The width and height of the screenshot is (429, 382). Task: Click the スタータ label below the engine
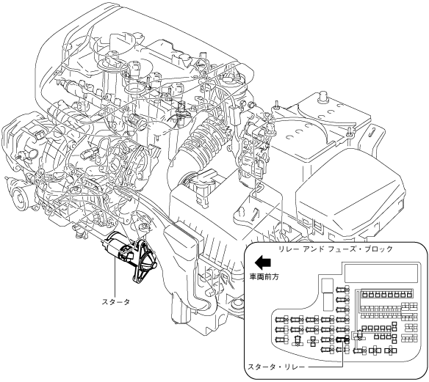[116, 302]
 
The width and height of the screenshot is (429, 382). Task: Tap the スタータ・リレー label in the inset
[276, 367]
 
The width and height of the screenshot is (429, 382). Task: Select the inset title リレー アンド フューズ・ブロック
[336, 249]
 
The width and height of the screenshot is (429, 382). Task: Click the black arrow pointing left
[263, 262]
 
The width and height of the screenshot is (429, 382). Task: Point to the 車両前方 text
[264, 277]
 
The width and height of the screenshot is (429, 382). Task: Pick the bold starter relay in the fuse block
[342, 339]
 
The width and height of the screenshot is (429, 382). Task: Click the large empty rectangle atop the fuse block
[381, 273]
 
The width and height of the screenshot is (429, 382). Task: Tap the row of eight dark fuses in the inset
[386, 294]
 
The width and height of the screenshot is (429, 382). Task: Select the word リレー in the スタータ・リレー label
[295, 367]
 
